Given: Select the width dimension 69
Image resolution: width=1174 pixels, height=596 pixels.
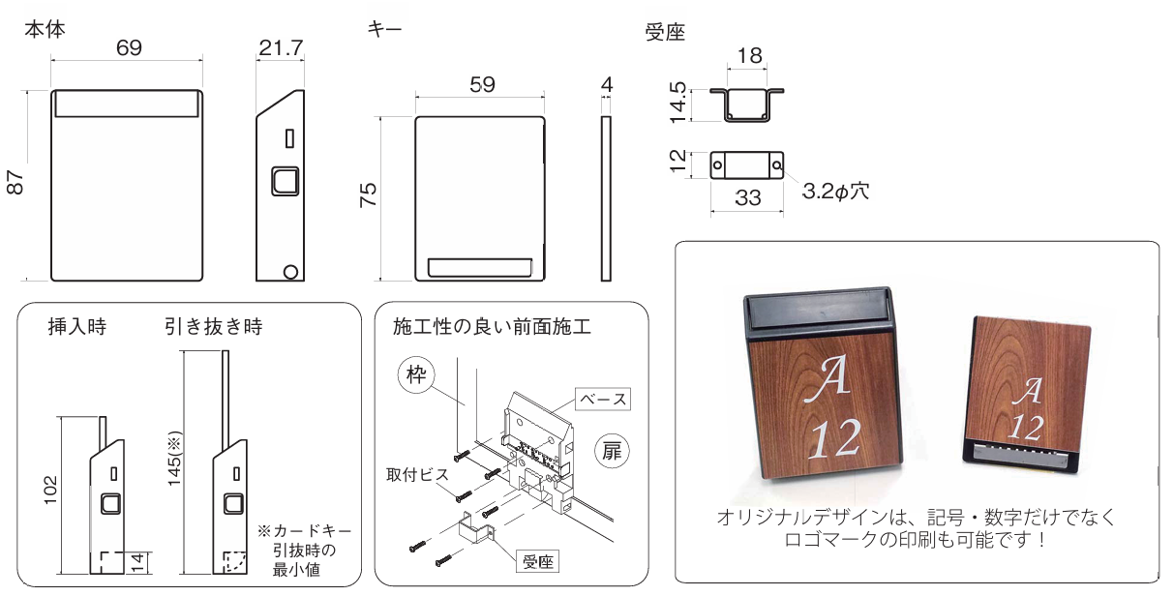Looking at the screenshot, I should tap(126, 48).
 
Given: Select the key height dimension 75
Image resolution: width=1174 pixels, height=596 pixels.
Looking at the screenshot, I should tap(368, 196).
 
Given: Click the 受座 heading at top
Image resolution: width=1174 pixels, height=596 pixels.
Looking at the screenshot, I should tap(665, 33).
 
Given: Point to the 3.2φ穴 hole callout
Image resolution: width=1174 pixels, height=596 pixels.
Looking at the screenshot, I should tap(834, 191).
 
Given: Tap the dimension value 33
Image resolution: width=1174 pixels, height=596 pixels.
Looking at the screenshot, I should tap(747, 198).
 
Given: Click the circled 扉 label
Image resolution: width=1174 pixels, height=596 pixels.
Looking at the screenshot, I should tap(613, 451).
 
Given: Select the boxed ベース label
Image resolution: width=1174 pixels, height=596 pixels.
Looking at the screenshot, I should tap(603, 399).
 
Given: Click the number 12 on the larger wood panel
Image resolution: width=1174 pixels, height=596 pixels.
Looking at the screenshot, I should tap(829, 437).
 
